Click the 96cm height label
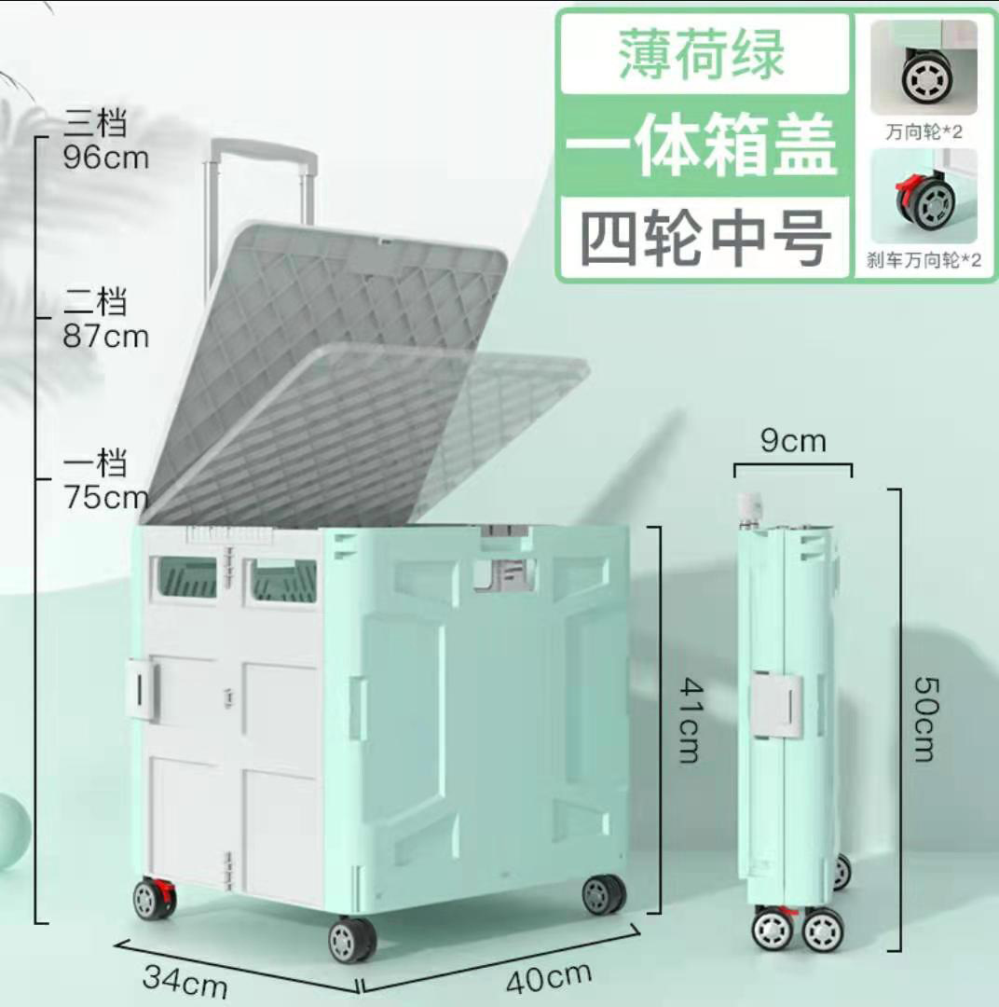[105, 157]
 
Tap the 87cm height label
[105, 335]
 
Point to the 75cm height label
[105, 496]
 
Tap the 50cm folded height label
[924, 718]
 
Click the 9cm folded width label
[793, 440]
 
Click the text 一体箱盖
[702, 147]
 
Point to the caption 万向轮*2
[924, 131]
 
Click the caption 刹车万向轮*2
[924, 260]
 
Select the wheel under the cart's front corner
[352, 940]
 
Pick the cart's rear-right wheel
[603, 894]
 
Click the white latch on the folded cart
[777, 705]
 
